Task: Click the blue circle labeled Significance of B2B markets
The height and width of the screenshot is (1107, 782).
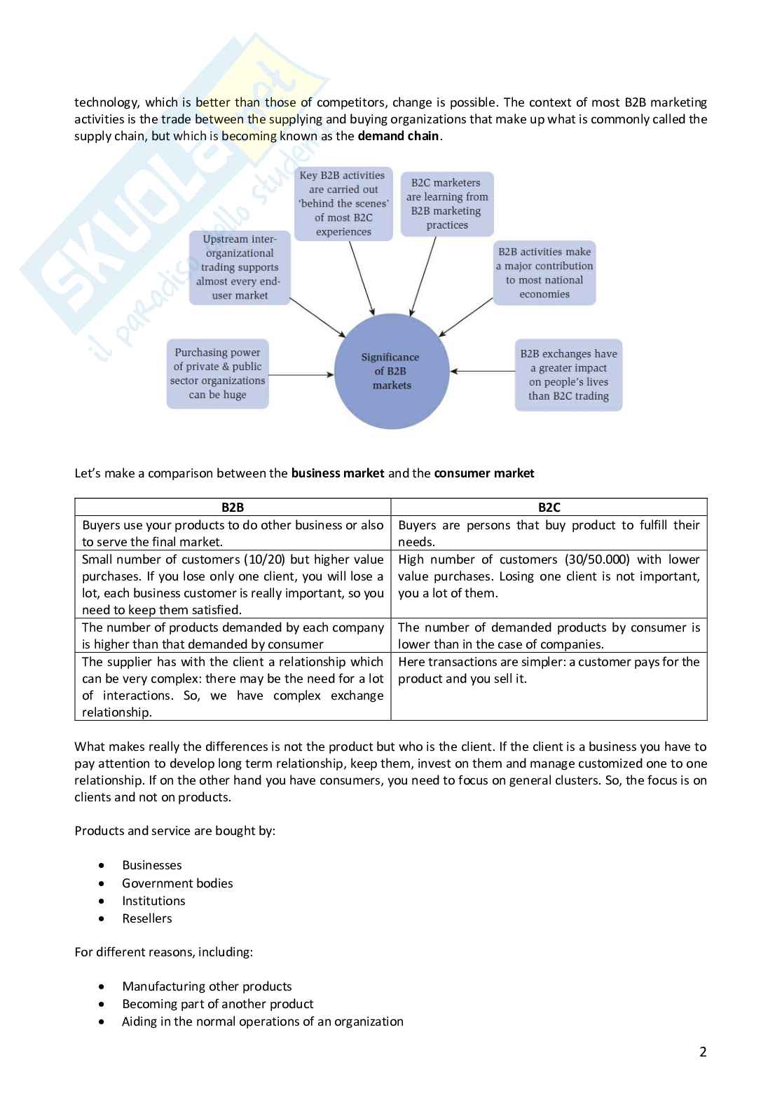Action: (391, 372)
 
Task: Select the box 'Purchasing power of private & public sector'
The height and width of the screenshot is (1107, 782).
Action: (217, 374)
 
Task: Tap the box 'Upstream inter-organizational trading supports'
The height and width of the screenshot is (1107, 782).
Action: (240, 267)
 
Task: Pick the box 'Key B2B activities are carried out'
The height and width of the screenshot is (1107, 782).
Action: (343, 203)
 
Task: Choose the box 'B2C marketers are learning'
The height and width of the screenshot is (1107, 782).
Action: (447, 203)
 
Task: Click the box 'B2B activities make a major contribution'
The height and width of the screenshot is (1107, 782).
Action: (544, 273)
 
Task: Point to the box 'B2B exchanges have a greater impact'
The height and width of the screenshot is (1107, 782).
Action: (568, 374)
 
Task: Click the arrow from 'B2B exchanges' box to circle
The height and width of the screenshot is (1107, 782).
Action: (483, 371)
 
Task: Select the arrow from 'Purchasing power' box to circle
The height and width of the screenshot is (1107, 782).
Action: (301, 374)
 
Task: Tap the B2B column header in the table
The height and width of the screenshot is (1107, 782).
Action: (233, 507)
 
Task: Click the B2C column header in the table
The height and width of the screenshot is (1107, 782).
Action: (549, 507)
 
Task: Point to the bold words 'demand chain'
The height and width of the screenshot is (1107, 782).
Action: (398, 136)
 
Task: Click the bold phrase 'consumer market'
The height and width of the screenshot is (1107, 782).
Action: (484, 473)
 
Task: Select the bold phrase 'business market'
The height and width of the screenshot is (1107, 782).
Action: (338, 473)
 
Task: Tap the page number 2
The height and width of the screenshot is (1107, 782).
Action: (703, 1052)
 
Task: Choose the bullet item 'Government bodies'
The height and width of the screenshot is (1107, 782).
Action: (177, 883)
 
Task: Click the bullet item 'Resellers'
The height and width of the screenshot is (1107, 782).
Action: (147, 918)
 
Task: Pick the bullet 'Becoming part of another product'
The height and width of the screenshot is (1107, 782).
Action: (217, 1004)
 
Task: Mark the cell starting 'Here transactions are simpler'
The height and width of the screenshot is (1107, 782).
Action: (549, 670)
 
